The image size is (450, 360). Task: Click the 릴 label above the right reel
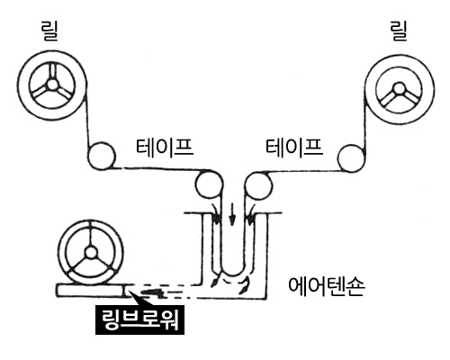pyautogui.click(x=399, y=31)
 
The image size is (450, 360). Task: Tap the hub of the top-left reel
pyautogui.click(x=52, y=85)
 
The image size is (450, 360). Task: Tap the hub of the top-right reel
pyautogui.click(x=400, y=88)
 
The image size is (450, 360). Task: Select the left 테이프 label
pyautogui.click(x=165, y=147)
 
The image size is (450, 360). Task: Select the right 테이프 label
pyautogui.click(x=294, y=147)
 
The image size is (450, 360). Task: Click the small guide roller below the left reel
pyautogui.click(x=102, y=156)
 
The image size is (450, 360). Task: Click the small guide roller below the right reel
pyautogui.click(x=351, y=158)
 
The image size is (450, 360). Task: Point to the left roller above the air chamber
pyautogui.click(x=209, y=184)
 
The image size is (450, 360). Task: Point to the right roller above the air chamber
pyautogui.click(x=258, y=185)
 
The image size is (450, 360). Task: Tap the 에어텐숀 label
pyautogui.click(x=327, y=286)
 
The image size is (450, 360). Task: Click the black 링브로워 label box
pyautogui.click(x=139, y=319)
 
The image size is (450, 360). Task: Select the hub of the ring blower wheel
pyautogui.click(x=91, y=253)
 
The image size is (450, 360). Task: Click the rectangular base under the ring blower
pyautogui.click(x=90, y=291)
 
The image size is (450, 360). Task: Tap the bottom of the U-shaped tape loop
pyautogui.click(x=233, y=274)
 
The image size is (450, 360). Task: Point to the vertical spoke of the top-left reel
pyautogui.click(x=53, y=71)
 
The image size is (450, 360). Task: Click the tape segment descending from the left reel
pyautogui.click(x=88, y=119)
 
